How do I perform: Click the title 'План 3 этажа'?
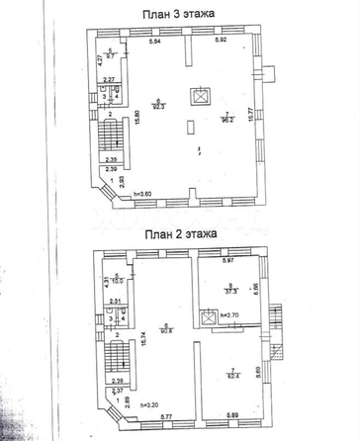point(180,12)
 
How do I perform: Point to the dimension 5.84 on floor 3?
point(154,41)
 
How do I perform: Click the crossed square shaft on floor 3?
point(203,96)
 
